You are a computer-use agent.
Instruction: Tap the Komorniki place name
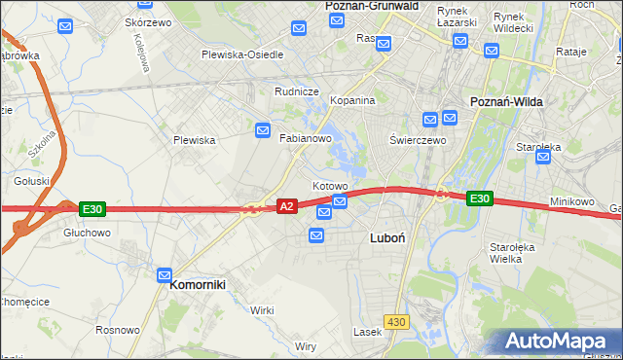tap(198, 285)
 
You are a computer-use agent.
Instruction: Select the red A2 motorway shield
tap(287, 206)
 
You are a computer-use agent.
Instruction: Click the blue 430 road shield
tap(395, 322)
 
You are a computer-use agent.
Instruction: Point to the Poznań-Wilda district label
tap(507, 101)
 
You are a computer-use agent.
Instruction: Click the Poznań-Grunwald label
tap(370, 6)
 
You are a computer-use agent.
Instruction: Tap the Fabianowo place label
tap(307, 139)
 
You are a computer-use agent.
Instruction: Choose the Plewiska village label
tap(194, 140)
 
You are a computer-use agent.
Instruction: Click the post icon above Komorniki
tap(165, 276)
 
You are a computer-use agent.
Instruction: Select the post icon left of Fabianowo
tap(263, 130)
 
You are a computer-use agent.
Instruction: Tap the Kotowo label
tap(330, 186)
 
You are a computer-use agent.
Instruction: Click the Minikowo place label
tap(571, 201)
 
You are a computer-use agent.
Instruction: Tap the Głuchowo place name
tap(87, 234)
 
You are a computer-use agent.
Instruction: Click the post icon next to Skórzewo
tap(65, 27)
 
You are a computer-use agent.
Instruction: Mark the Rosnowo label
tap(118, 331)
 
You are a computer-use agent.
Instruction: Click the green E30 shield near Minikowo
tap(479, 198)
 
